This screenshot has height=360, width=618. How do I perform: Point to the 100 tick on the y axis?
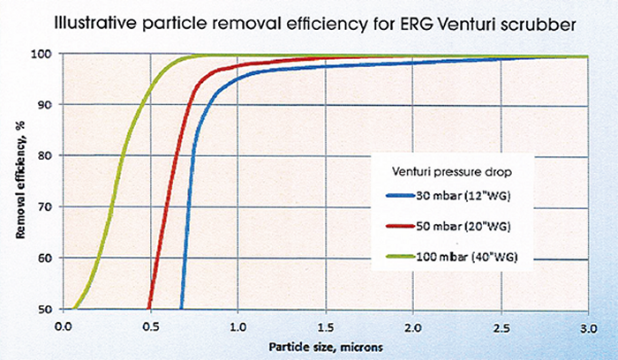[46, 54]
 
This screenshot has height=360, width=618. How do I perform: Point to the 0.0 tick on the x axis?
[63, 325]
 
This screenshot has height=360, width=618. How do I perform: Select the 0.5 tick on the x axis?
[151, 325]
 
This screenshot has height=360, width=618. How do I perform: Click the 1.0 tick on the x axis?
[237, 325]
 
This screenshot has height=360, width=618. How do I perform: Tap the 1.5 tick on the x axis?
[325, 325]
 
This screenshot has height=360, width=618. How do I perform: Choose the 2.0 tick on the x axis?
[413, 325]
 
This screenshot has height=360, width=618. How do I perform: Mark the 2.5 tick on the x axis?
[501, 325]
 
